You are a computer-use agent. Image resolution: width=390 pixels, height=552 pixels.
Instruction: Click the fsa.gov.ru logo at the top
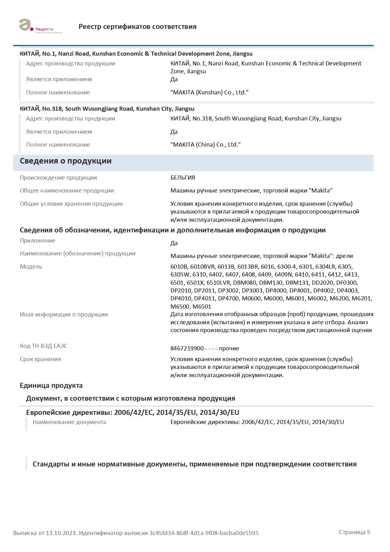tap(40, 26)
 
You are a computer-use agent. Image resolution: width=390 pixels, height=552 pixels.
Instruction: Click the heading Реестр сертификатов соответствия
tap(137, 27)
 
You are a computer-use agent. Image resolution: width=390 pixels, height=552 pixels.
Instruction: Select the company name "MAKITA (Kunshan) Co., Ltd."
tap(209, 92)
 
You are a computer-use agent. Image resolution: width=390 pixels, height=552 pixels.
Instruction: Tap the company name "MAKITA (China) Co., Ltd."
tap(205, 145)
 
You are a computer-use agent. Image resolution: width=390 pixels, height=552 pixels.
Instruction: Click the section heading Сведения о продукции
tap(65, 161)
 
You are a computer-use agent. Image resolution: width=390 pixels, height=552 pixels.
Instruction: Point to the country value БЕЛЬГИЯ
tap(183, 178)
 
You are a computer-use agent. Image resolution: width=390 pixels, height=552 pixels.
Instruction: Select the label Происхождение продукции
tap(58, 178)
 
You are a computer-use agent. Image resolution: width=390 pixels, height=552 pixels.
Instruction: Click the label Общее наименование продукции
tap(67, 191)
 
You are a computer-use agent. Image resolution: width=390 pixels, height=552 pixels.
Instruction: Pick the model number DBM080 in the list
tap(245, 282)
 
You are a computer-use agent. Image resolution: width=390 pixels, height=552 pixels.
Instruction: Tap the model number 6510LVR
tap(219, 282)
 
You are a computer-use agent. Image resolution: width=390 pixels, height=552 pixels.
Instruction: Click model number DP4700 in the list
tap(228, 298)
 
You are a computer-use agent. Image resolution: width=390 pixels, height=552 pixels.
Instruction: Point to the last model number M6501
tap(202, 307)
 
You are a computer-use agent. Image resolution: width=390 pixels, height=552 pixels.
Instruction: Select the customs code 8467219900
tap(187, 348)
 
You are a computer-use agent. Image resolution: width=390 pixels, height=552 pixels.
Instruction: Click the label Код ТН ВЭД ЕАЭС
tap(43, 346)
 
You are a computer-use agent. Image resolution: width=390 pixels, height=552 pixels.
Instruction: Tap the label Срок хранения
tap(40, 359)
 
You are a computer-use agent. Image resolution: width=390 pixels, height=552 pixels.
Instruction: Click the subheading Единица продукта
tap(51, 386)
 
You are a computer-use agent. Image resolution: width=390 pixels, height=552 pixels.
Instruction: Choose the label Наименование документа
tap(69, 422)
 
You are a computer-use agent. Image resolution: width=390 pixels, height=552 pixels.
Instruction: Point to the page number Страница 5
tap(354, 532)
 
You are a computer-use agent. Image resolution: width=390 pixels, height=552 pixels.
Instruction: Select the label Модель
tap(31, 267)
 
